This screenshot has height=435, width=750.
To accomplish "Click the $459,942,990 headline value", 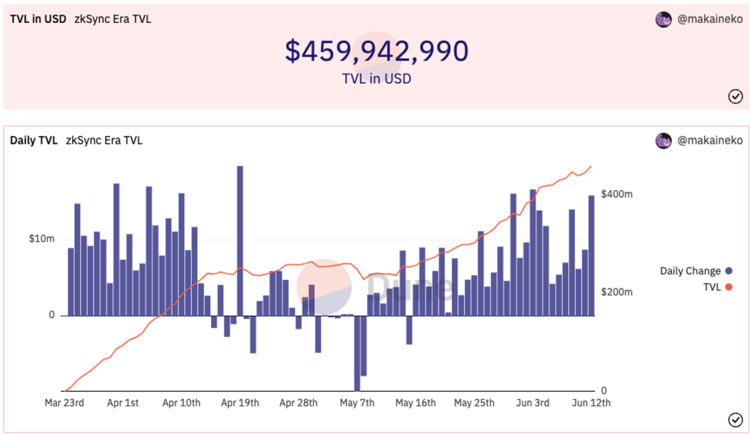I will (377, 51).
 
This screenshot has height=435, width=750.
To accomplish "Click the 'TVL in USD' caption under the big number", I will (376, 79).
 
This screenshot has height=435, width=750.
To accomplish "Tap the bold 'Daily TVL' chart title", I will (33, 140).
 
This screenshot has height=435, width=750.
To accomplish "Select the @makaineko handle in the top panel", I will (709, 19).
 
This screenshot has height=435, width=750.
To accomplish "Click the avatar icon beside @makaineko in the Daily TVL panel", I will (663, 140).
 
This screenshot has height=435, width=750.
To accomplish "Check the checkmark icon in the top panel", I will (735, 97).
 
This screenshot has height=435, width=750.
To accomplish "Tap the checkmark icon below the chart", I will (735, 419).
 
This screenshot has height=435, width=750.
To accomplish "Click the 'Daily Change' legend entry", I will (690, 271).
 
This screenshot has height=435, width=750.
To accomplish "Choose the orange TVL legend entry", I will (711, 286).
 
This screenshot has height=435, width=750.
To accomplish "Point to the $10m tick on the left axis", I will (42, 239).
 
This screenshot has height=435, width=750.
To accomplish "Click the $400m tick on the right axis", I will (617, 194).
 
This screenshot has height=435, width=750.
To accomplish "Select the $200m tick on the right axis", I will (617, 293).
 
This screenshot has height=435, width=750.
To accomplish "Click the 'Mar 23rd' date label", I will (65, 403).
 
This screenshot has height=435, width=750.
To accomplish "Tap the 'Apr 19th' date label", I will (240, 403).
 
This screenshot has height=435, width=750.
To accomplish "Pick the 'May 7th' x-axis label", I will (358, 403).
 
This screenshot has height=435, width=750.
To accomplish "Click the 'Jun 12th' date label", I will (592, 403).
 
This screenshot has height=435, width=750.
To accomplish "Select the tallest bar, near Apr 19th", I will (240, 240).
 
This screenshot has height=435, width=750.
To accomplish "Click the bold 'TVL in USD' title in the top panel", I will (38, 19).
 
